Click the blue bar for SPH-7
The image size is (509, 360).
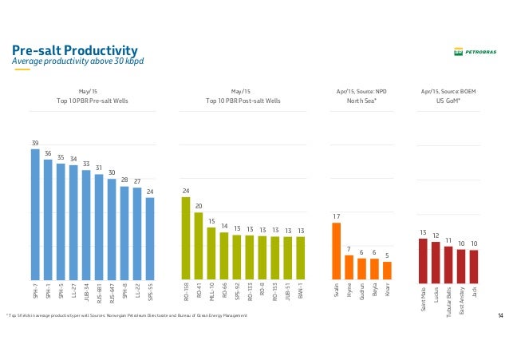coord(35,216)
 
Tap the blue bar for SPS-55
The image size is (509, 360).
coord(150,239)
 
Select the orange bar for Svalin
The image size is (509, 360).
coord(336,252)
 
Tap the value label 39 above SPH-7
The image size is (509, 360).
coord(35,143)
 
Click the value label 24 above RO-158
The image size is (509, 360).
coord(186,191)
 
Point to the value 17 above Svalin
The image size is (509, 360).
coord(336,216)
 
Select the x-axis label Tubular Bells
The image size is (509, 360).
coord(448,301)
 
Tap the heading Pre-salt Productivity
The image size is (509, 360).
coord(75,50)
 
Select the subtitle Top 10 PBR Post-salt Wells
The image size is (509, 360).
coord(243,101)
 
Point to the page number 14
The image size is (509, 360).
coord(500,317)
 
